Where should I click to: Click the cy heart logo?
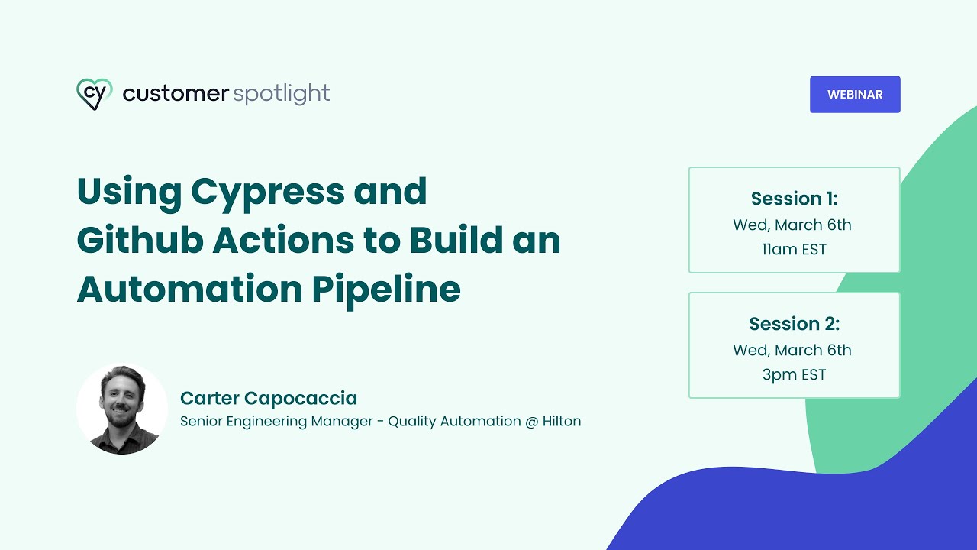(x=95, y=94)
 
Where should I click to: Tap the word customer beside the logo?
(x=176, y=94)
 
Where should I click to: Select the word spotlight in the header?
(x=281, y=95)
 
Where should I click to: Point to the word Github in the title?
(x=137, y=240)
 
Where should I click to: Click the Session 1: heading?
(x=794, y=199)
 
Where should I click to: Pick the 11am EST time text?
(x=794, y=249)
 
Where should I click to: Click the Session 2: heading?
(x=794, y=324)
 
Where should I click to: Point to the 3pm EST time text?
(x=794, y=374)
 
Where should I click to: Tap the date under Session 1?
(x=792, y=225)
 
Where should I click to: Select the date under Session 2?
(x=792, y=350)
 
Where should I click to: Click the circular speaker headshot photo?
(x=122, y=409)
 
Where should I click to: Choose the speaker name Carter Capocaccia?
(x=269, y=398)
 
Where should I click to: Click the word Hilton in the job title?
(x=562, y=421)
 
